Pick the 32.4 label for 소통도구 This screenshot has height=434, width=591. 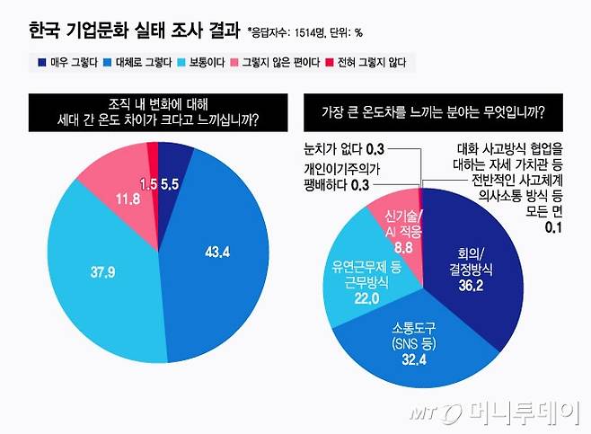[413, 360]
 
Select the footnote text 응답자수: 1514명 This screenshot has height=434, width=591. [285, 33]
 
